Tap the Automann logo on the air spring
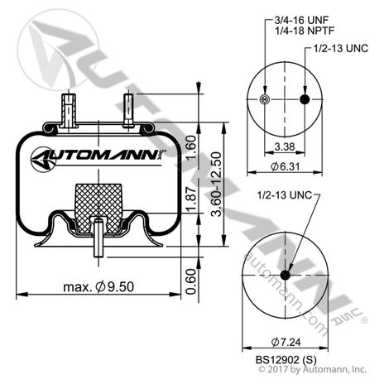[x=95, y=158]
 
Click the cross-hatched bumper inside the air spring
[x=98, y=202]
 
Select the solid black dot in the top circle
[x=304, y=100]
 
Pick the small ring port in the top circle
[x=263, y=100]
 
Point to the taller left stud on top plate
[x=67, y=108]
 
